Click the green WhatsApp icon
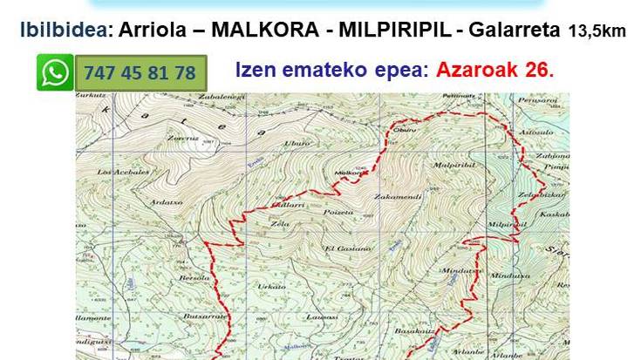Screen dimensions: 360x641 click(x=55, y=72)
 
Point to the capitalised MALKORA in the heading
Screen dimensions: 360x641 click(x=254, y=30)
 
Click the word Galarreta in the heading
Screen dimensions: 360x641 click(x=515, y=30)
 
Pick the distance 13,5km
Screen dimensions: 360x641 click(x=597, y=31)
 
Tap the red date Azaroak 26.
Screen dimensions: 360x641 click(x=496, y=70)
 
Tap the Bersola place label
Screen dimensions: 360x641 click(x=190, y=278)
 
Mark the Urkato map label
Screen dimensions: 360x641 click(x=273, y=286)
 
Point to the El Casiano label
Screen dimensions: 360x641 click(x=347, y=248)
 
